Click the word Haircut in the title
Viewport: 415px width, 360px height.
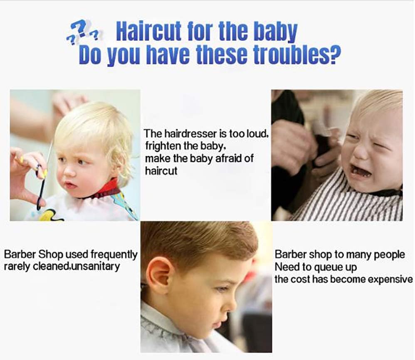149,31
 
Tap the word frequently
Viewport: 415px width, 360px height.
114,255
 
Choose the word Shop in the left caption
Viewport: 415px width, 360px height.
51,255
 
